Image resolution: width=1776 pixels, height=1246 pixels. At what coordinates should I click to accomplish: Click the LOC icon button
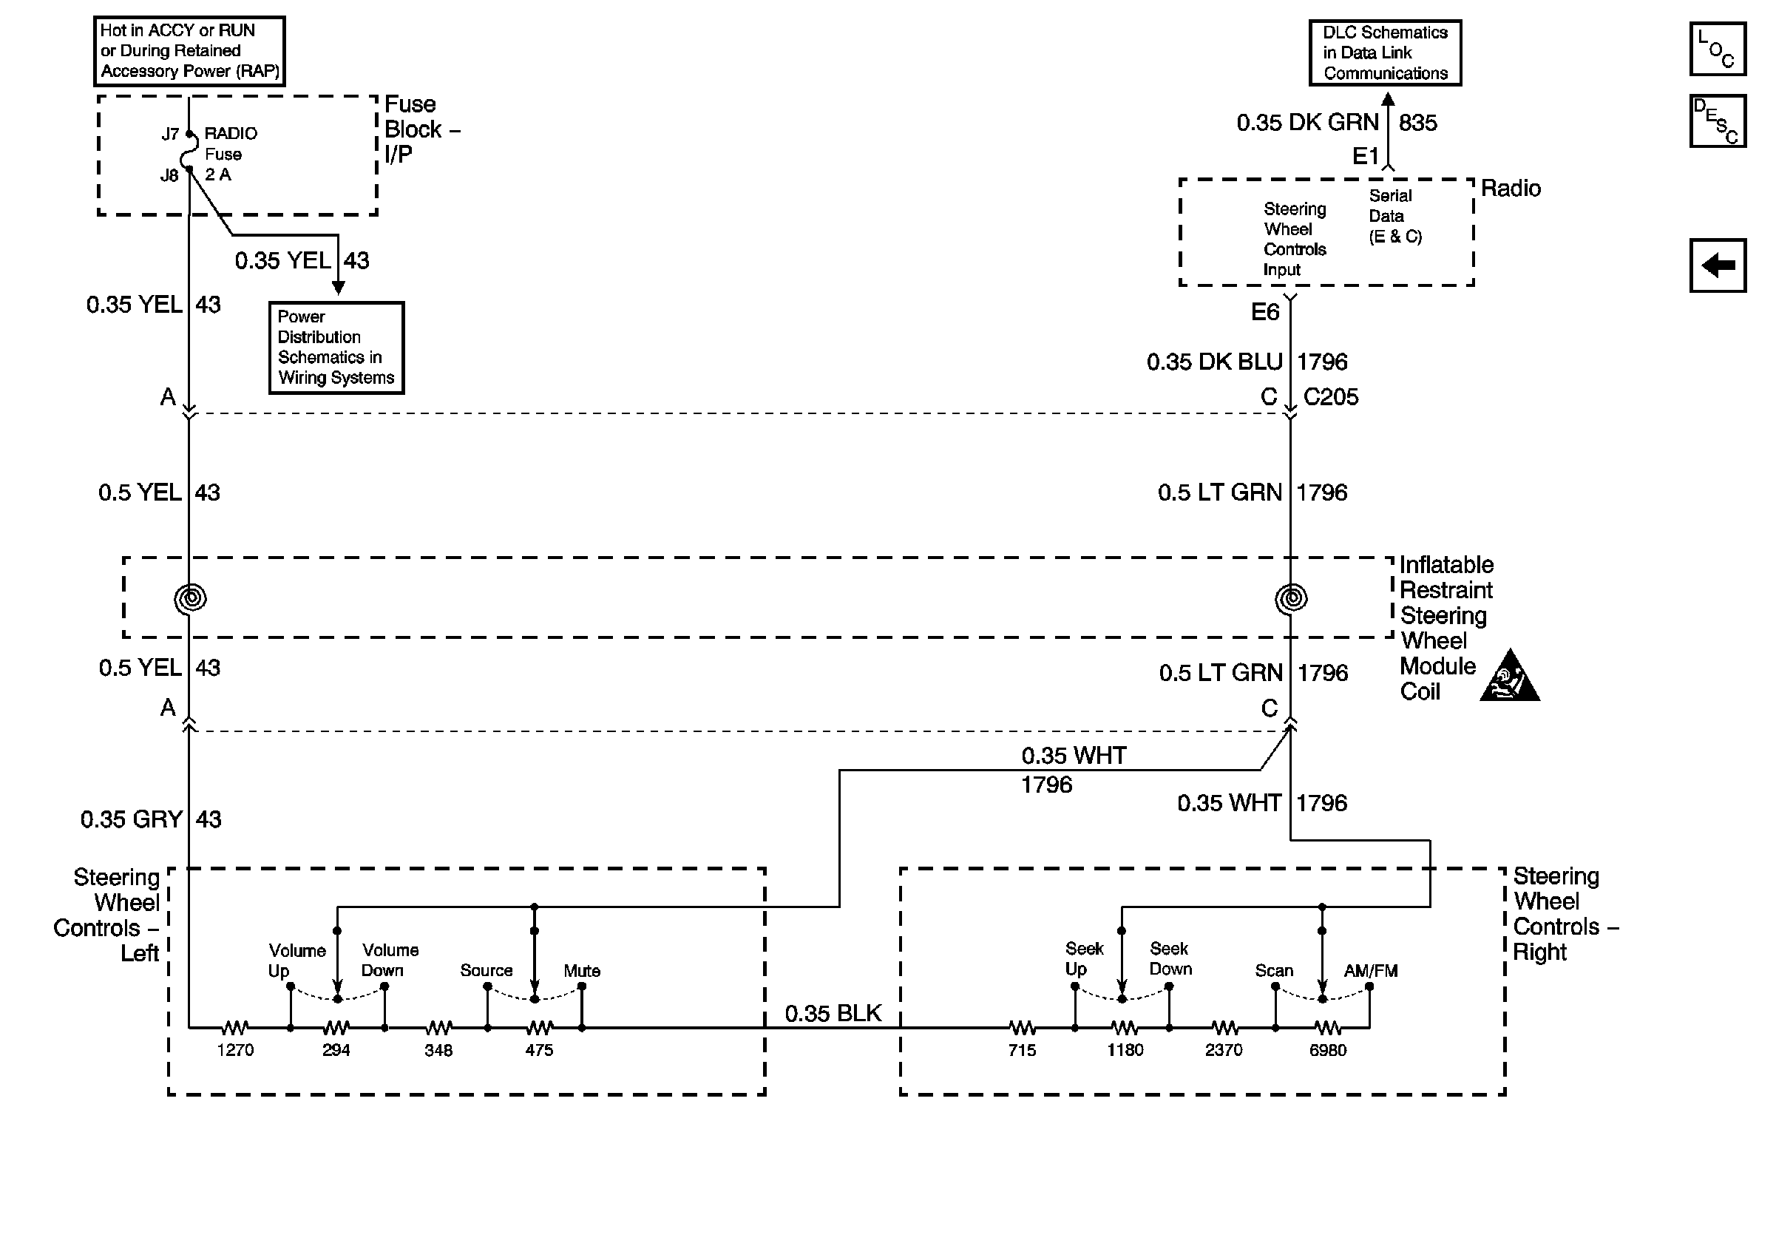[x=1717, y=49]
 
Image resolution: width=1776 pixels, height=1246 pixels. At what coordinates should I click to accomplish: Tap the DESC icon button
[x=1717, y=121]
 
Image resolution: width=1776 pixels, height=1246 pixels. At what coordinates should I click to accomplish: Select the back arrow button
[x=1717, y=265]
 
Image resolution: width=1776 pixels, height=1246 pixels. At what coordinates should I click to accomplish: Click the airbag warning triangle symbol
[x=1509, y=676]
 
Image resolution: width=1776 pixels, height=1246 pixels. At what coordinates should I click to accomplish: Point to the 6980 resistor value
[x=1327, y=1050]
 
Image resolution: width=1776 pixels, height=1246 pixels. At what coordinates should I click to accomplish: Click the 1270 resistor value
[x=235, y=1050]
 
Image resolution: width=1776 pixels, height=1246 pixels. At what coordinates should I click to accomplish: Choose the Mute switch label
[x=582, y=971]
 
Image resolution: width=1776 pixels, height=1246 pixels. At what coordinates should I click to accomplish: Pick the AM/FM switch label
[x=1371, y=971]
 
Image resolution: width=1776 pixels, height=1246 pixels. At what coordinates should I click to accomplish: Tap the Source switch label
[x=487, y=971]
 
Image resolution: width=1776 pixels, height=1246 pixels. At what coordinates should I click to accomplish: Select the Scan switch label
[x=1274, y=971]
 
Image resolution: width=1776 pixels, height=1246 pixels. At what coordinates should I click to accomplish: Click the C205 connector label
[x=1330, y=397]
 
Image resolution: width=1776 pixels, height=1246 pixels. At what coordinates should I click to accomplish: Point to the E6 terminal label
[x=1266, y=312]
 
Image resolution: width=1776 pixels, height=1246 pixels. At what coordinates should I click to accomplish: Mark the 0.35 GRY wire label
[x=132, y=819]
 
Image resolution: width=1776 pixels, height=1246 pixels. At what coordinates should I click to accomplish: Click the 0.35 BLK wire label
[x=833, y=1013]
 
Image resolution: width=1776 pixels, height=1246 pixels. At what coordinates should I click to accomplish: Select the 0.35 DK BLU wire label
[x=1214, y=362]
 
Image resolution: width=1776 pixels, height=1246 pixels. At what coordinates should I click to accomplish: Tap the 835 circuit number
[x=1418, y=122]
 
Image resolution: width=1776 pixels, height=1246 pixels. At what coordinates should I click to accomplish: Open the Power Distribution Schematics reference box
[x=336, y=348]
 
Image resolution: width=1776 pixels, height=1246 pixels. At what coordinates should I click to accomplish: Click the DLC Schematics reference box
[x=1386, y=53]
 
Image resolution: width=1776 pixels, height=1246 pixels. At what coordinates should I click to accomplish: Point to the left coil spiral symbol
[x=190, y=598]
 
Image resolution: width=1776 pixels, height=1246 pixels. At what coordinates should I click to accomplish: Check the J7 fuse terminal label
[x=170, y=135]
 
